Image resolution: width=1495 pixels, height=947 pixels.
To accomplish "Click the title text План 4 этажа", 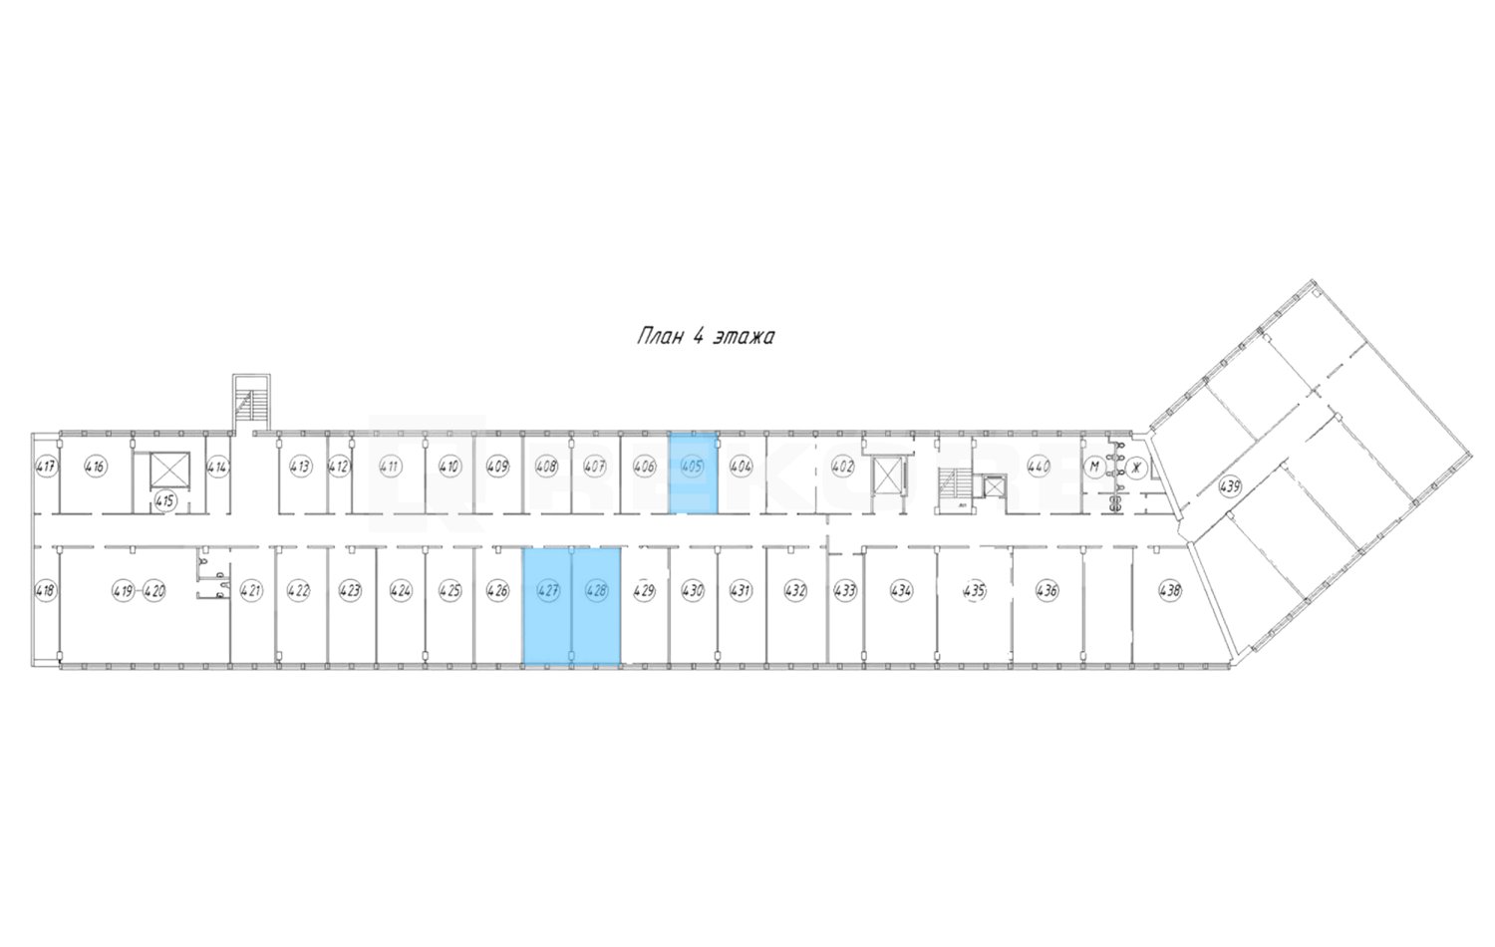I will [706, 336].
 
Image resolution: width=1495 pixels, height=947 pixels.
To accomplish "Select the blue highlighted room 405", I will [693, 473].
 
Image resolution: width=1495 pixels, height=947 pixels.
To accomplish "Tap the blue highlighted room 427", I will [547, 606].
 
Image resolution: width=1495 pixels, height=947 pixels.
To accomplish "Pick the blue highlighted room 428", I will [596, 606].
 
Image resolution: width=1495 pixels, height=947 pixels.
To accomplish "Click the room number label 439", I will [1230, 486].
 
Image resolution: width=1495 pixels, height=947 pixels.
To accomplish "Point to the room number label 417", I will [45, 466].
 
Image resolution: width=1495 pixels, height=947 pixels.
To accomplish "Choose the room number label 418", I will [45, 590].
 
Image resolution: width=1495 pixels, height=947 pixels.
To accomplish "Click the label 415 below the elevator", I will [166, 501].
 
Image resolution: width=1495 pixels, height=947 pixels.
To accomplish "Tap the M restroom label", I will [1093, 466].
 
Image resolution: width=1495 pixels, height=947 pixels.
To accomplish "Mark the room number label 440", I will [1039, 466].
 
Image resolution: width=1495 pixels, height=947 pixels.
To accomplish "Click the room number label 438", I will [1170, 590].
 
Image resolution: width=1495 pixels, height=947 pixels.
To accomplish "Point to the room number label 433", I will [845, 590].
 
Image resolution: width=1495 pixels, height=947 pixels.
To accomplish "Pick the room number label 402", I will [842, 466].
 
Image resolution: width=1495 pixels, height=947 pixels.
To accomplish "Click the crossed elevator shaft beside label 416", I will [167, 470].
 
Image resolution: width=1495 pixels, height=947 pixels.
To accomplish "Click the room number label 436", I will [1046, 590].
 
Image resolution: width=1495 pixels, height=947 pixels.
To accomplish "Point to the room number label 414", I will [218, 466].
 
